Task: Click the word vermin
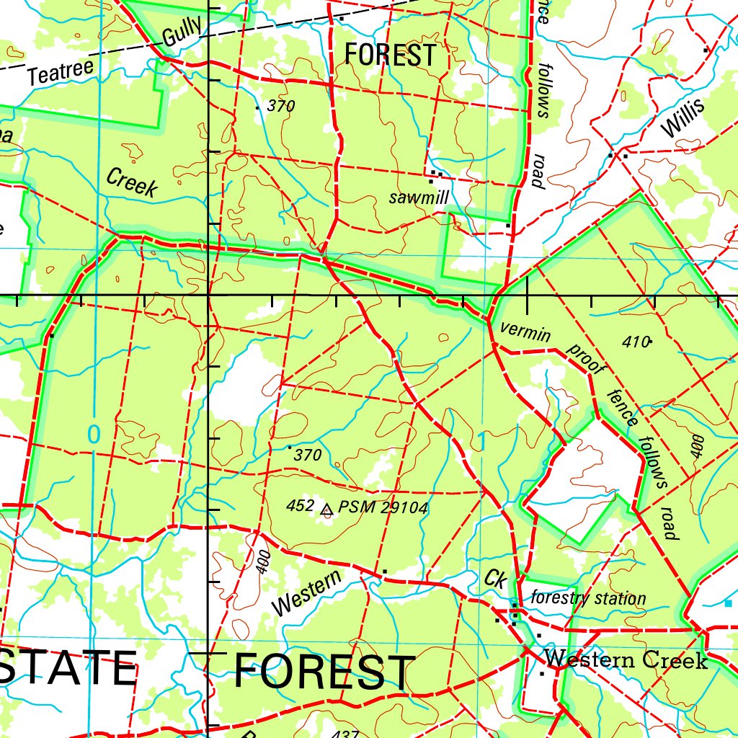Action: click(x=525, y=332)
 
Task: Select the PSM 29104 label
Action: click(x=383, y=508)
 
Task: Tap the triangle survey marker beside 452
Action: click(x=326, y=510)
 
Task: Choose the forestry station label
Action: click(x=588, y=598)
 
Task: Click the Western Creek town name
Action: click(x=626, y=659)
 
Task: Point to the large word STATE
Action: click(x=68, y=669)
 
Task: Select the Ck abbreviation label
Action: click(x=495, y=578)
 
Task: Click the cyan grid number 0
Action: click(x=93, y=434)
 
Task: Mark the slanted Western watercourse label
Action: click(x=308, y=592)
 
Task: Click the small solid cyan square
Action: click(x=727, y=603)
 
